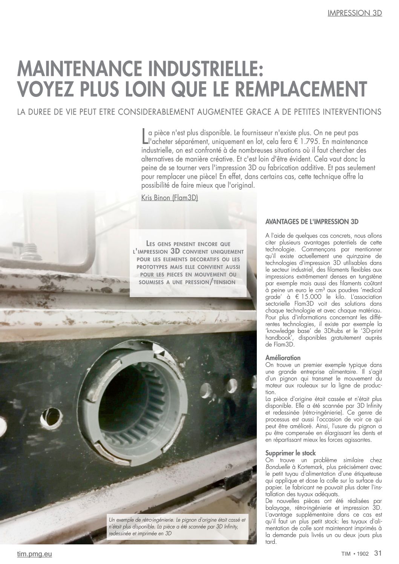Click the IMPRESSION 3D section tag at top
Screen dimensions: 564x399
354,13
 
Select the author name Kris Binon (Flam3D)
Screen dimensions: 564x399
169,197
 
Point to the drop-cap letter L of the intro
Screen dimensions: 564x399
144,136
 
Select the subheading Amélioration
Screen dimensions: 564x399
283,358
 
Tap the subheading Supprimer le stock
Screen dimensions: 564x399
290,453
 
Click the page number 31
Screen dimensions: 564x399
378,553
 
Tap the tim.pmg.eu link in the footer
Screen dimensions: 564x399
35,554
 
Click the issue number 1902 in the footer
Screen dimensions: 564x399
364,554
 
